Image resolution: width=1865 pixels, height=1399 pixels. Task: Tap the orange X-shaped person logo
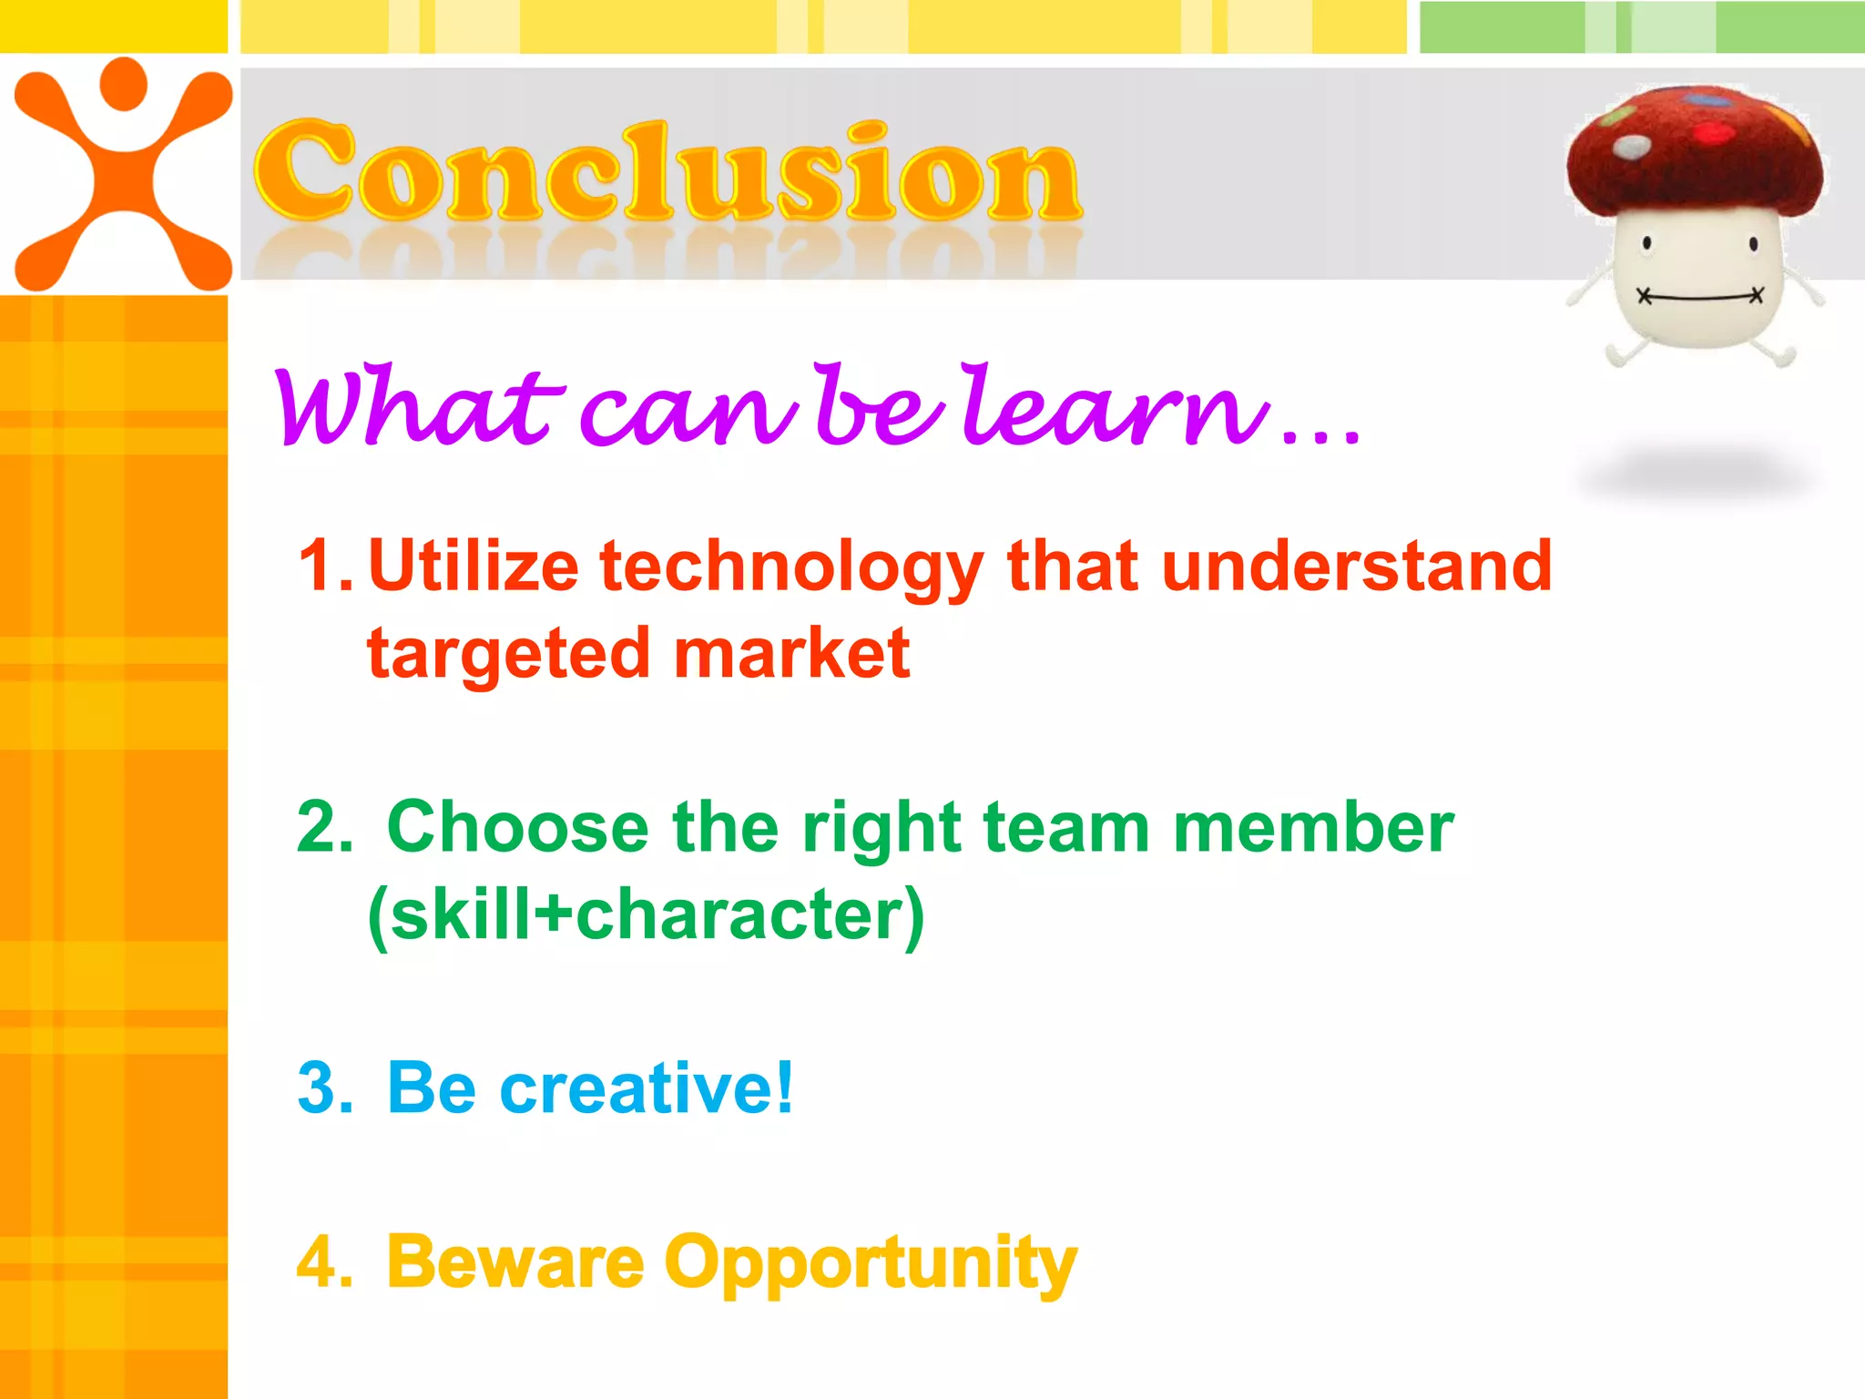point(123,173)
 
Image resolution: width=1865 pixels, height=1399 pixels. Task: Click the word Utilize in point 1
point(473,567)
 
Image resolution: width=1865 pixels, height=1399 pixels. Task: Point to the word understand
point(1356,567)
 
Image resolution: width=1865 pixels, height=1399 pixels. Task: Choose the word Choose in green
point(517,828)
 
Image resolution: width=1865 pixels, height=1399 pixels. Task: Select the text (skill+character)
point(646,914)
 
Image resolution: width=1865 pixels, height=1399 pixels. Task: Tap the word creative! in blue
point(646,1088)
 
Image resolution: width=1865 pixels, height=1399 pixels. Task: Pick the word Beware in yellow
point(515,1262)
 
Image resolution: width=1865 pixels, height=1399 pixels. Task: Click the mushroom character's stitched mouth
point(1699,296)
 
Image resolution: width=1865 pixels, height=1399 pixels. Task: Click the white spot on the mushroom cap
point(1631,146)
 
